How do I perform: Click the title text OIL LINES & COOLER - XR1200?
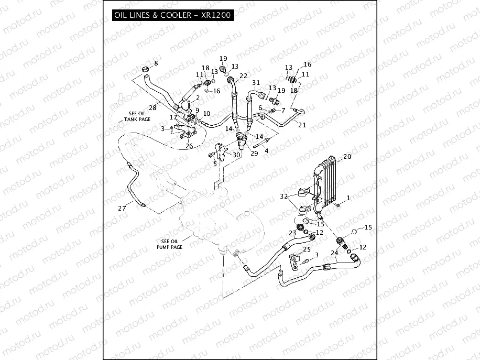click(x=172, y=15)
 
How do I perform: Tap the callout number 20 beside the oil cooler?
click(x=347, y=157)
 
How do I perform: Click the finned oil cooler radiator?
click(x=324, y=184)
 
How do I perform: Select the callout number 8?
click(x=156, y=63)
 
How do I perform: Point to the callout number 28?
click(x=152, y=107)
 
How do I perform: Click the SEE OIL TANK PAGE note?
click(x=137, y=116)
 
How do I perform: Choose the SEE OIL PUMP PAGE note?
click(x=170, y=244)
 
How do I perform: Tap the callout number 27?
click(x=122, y=208)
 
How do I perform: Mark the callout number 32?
click(x=284, y=196)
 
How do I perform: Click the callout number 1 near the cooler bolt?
click(x=348, y=198)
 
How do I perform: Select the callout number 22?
click(x=243, y=75)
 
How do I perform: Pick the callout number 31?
click(x=256, y=82)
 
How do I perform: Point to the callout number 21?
click(x=302, y=125)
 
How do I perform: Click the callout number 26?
click(x=189, y=146)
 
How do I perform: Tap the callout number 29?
click(x=254, y=153)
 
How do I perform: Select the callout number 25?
click(x=307, y=249)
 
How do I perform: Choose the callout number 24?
click(x=334, y=253)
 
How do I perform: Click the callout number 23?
click(x=292, y=233)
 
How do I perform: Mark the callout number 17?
click(x=173, y=117)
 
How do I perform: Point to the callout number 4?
click(x=267, y=150)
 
